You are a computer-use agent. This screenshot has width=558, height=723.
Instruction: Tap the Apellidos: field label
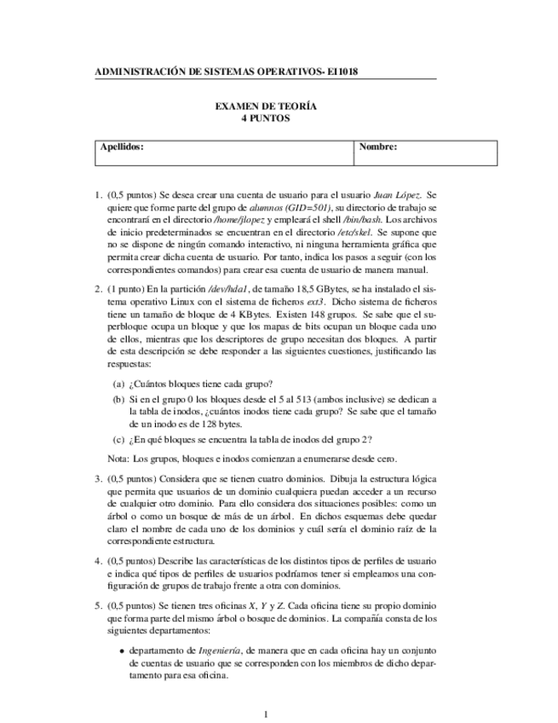[122, 147]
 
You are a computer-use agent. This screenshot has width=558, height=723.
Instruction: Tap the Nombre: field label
[378, 147]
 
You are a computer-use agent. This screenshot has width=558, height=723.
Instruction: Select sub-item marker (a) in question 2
[119, 383]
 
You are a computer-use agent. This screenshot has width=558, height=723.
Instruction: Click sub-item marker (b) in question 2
[119, 399]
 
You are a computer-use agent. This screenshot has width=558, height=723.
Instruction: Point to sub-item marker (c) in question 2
[119, 439]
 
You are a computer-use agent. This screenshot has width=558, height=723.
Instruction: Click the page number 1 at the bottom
[266, 714]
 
